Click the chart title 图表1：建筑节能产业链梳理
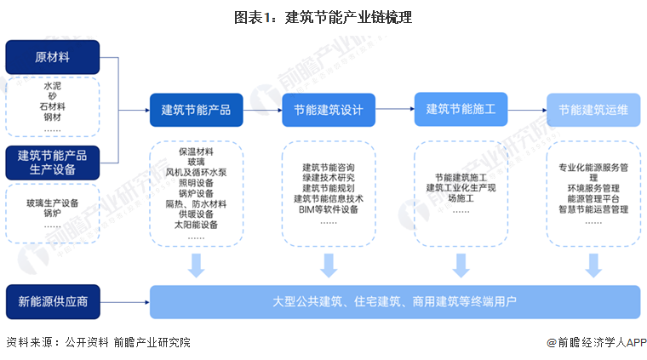(323, 16)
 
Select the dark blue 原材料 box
(52, 57)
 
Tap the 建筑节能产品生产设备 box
(52, 162)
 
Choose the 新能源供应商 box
(52, 301)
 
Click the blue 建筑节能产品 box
(197, 110)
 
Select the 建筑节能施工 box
(461, 109)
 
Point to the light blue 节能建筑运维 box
(593, 110)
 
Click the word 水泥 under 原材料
(53, 86)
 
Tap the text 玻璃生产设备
(53, 203)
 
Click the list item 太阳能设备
(197, 226)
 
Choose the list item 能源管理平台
(593, 199)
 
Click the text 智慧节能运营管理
(593, 210)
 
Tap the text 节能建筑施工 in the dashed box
(461, 177)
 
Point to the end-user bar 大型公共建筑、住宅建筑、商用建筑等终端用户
(394, 301)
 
